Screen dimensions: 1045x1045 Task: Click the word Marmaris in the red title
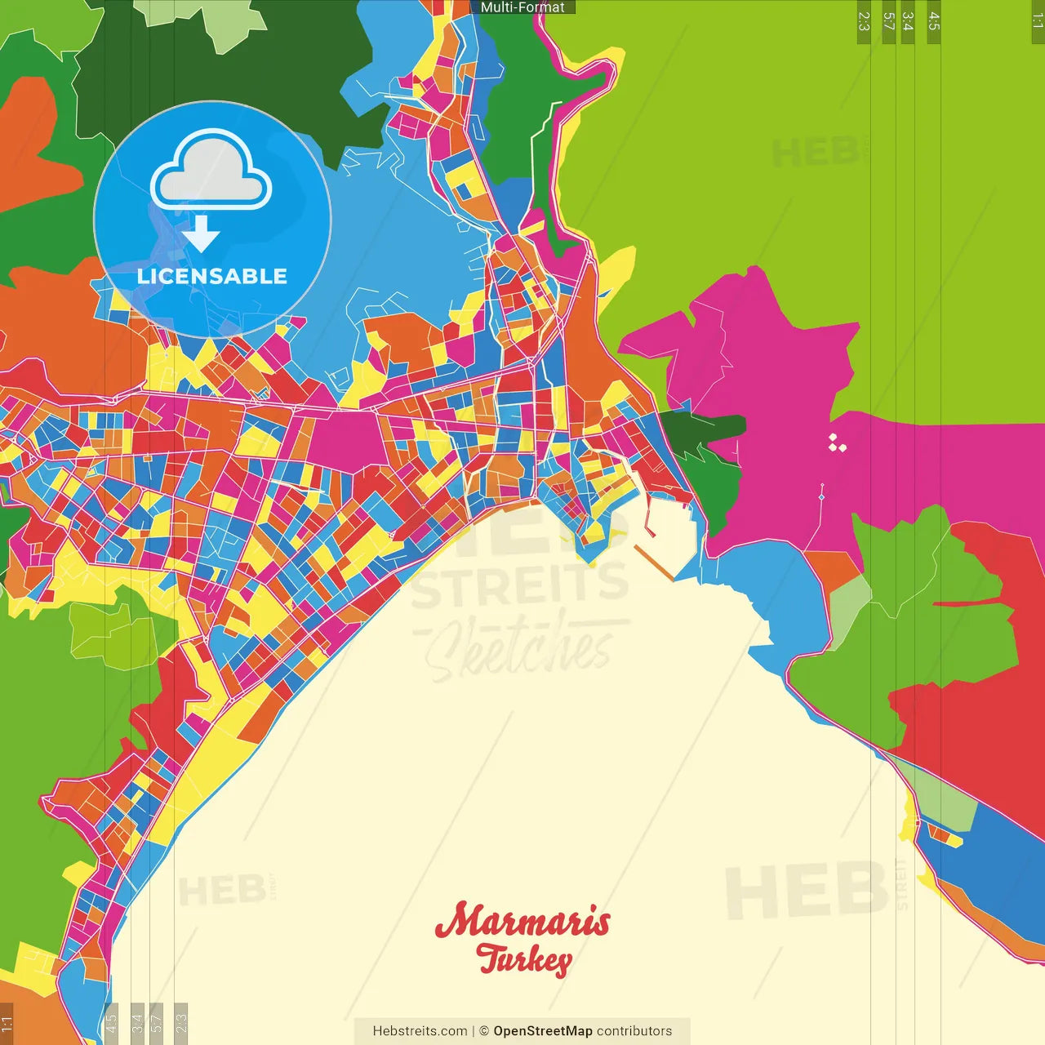pyautogui.click(x=522, y=921)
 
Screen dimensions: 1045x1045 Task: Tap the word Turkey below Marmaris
pyautogui.click(x=524, y=958)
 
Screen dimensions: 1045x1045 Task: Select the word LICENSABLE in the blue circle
pyautogui.click(x=212, y=276)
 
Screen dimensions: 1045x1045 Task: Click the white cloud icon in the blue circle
pyautogui.click(x=211, y=170)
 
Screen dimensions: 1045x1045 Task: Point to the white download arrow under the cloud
pyautogui.click(x=201, y=234)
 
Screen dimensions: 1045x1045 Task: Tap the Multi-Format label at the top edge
pyautogui.click(x=522, y=7)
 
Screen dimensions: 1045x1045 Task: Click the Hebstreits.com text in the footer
pyautogui.click(x=420, y=1031)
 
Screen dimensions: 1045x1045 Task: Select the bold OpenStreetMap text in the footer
pyautogui.click(x=543, y=1031)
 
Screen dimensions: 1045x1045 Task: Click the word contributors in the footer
pyautogui.click(x=634, y=1031)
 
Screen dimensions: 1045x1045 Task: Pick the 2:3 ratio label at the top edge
pyautogui.click(x=864, y=21)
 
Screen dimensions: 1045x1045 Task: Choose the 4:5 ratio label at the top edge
pyautogui.click(x=934, y=21)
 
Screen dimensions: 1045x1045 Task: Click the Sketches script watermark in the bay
pyautogui.click(x=519, y=649)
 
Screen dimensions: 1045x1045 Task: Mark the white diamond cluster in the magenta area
pyautogui.click(x=837, y=443)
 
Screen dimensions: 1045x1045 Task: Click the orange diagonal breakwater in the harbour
pyautogui.click(x=654, y=563)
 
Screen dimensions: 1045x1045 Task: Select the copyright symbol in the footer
pyautogui.click(x=484, y=1031)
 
